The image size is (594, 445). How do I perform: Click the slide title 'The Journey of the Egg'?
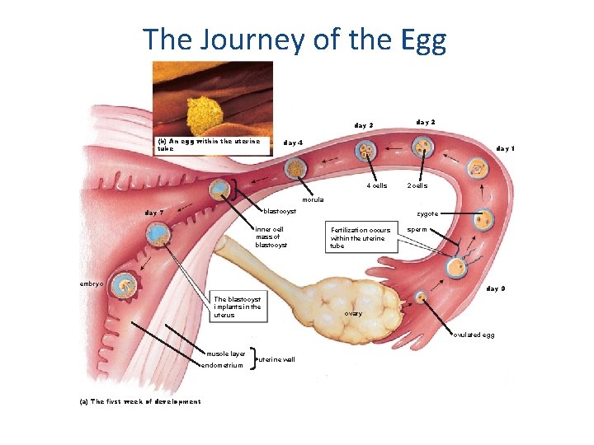click(x=295, y=39)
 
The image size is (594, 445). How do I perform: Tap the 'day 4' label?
click(x=294, y=143)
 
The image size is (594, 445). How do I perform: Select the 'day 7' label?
click(x=154, y=213)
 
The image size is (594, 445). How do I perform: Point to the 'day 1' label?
click(x=506, y=149)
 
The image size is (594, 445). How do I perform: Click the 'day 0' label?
click(x=496, y=288)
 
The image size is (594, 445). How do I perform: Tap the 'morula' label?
click(x=313, y=199)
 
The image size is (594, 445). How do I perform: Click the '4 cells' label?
click(x=376, y=185)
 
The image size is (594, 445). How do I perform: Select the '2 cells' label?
click(x=417, y=185)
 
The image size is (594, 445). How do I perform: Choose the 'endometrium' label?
click(x=223, y=365)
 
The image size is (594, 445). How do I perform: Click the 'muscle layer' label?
click(x=226, y=354)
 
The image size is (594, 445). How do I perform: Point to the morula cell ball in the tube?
click(x=294, y=167)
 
